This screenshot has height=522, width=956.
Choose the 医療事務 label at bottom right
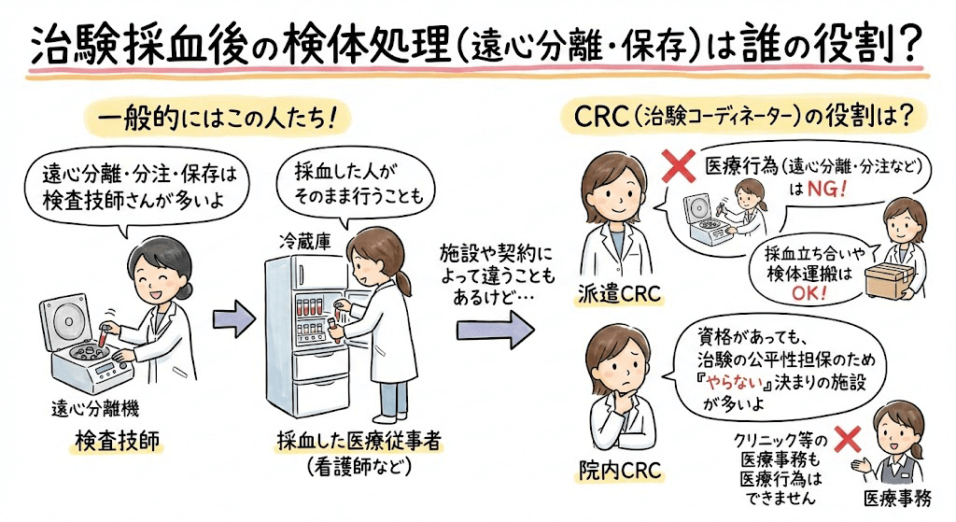tap(896, 498)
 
